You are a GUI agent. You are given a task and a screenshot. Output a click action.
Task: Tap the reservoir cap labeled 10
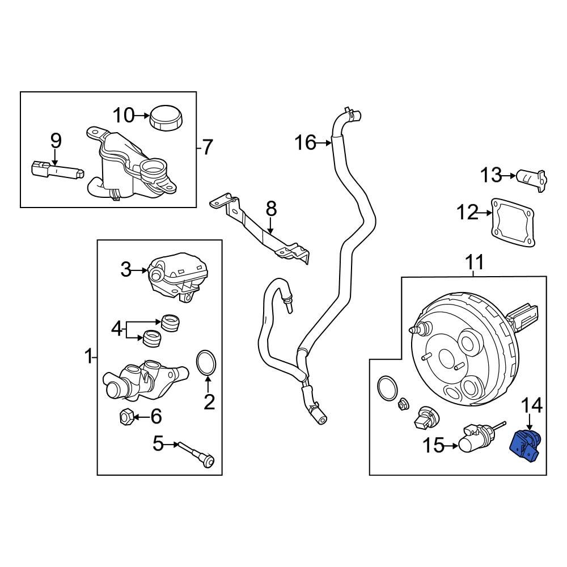(x=166, y=117)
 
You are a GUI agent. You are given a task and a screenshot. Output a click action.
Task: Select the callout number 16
(x=305, y=143)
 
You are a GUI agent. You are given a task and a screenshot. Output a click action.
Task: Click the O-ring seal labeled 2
(x=206, y=363)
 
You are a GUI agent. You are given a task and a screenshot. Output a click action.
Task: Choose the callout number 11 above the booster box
(x=475, y=263)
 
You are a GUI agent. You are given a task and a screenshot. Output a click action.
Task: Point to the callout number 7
(x=207, y=148)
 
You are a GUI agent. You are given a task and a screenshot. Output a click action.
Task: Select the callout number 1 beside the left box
(x=87, y=357)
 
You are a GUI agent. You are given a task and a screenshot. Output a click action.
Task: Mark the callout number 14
(x=532, y=405)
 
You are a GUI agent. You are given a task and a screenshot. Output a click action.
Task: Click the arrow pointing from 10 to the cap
(x=142, y=116)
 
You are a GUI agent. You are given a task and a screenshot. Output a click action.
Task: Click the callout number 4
(x=116, y=329)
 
